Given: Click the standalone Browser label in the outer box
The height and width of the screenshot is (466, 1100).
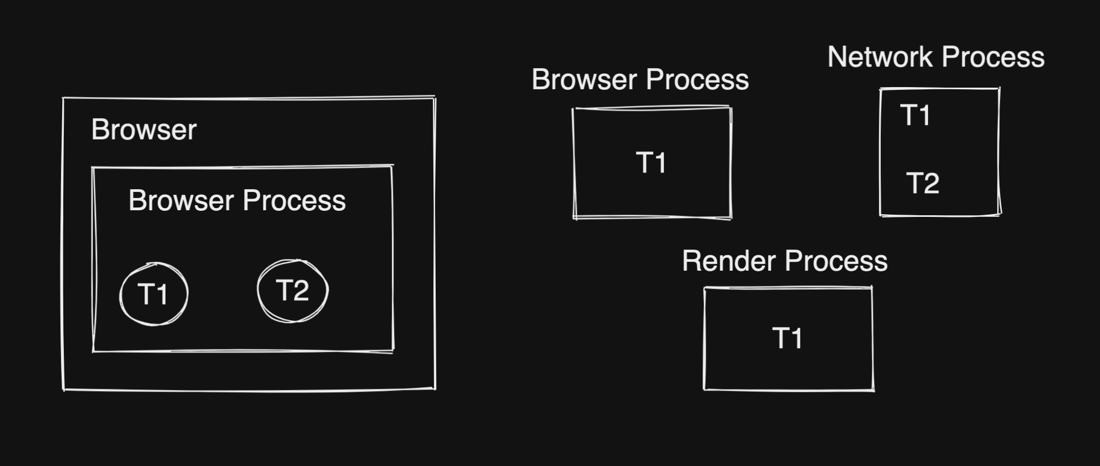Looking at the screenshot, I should (144, 130).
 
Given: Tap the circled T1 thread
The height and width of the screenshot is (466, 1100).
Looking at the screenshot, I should (153, 294).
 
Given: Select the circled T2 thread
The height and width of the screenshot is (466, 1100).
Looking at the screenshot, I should (292, 291).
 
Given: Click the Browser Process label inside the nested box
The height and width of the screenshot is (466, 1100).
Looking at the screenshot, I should (237, 201).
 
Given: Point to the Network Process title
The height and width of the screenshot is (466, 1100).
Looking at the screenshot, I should (936, 57).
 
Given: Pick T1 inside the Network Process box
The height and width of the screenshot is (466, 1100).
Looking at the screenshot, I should (915, 115).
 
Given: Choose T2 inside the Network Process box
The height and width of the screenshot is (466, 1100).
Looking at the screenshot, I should (922, 184).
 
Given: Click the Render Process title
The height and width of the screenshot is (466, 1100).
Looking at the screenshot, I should (785, 261).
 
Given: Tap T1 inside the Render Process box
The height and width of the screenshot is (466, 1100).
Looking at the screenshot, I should (787, 338).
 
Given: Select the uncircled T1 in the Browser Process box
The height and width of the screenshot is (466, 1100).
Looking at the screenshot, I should (650, 163).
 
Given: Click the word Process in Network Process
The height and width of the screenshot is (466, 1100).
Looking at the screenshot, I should (993, 57).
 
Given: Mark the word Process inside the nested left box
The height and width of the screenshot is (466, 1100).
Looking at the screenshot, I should (294, 201).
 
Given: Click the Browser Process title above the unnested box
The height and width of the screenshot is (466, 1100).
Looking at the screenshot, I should (640, 80).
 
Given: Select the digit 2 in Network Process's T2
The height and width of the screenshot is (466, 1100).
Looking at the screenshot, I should (931, 184).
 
